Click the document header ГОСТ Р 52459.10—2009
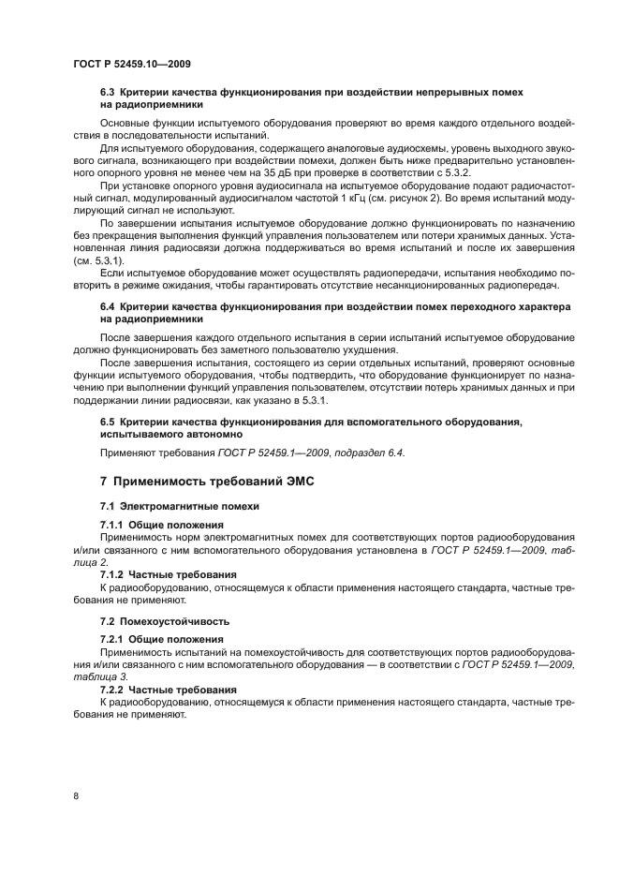pyautogui.click(x=132, y=64)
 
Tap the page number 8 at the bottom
pyautogui.click(x=76, y=795)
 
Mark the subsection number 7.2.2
pyautogui.click(x=112, y=689)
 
